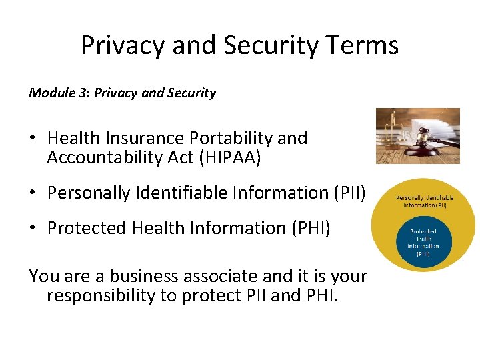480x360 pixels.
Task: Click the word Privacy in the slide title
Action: tap(122, 45)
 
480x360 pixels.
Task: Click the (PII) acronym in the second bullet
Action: tap(349, 193)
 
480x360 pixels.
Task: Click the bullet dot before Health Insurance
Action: tap(33, 139)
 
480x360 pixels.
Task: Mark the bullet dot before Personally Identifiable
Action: tap(33, 193)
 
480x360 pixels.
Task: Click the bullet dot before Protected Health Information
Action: tap(33, 228)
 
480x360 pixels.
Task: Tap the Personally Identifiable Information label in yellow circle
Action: tap(425, 201)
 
